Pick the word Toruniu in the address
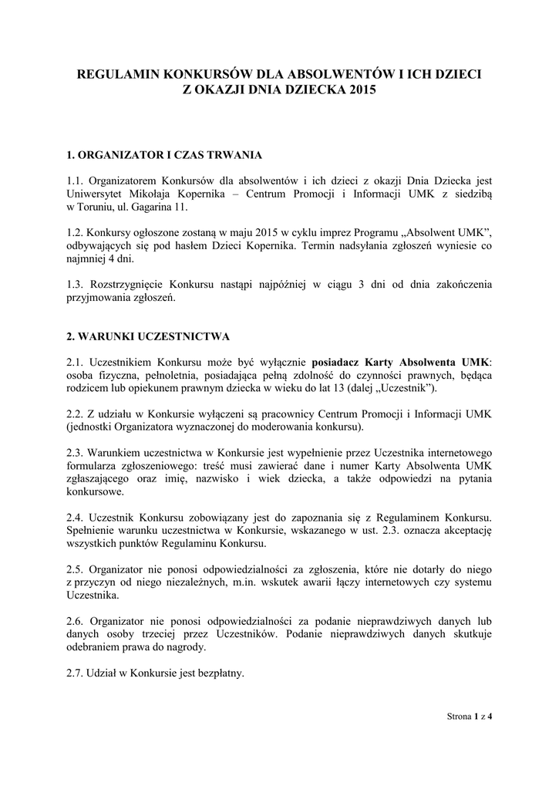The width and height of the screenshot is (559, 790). [x=96, y=208]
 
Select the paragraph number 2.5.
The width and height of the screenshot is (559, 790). [x=76, y=569]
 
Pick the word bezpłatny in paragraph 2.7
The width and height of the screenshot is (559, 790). [x=219, y=673]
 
